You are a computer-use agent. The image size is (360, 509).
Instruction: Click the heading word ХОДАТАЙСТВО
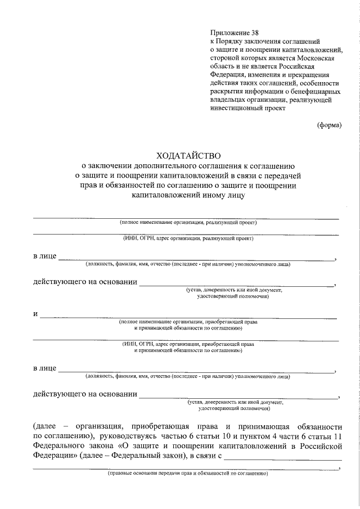click(188, 154)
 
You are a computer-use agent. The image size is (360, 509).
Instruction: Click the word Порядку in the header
click(229, 41)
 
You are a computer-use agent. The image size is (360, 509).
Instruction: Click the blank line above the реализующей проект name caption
click(186, 217)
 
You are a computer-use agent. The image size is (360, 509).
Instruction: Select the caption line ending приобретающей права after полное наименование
click(188, 322)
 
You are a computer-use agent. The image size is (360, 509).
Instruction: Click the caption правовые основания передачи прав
click(187, 474)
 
